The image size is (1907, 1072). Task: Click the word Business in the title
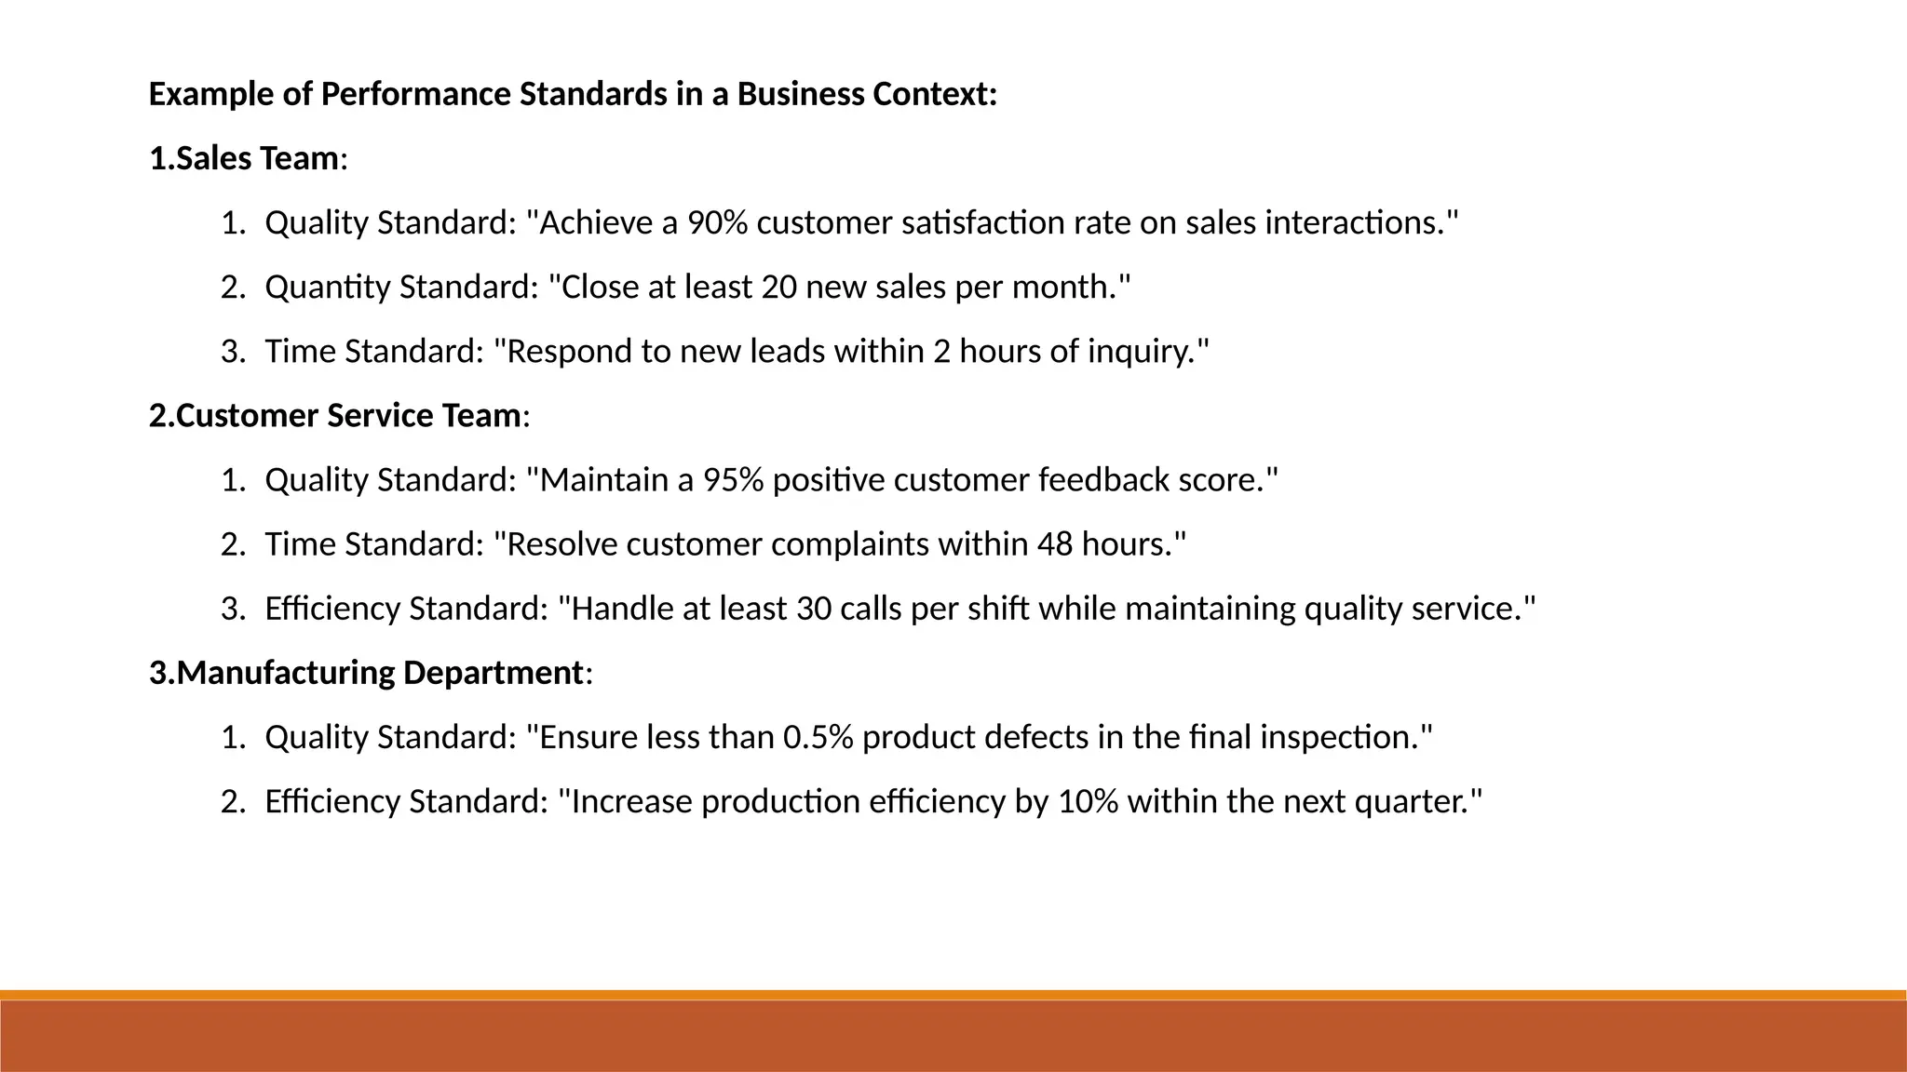pyautogui.click(x=800, y=95)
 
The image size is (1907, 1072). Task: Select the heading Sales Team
pyautogui.click(x=256, y=159)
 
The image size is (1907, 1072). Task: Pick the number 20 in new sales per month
pyautogui.click(x=778, y=288)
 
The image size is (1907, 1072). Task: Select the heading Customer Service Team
pyautogui.click(x=347, y=416)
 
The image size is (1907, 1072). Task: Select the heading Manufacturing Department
pyautogui.click(x=379, y=673)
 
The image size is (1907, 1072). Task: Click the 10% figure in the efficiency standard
pyautogui.click(x=1088, y=801)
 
